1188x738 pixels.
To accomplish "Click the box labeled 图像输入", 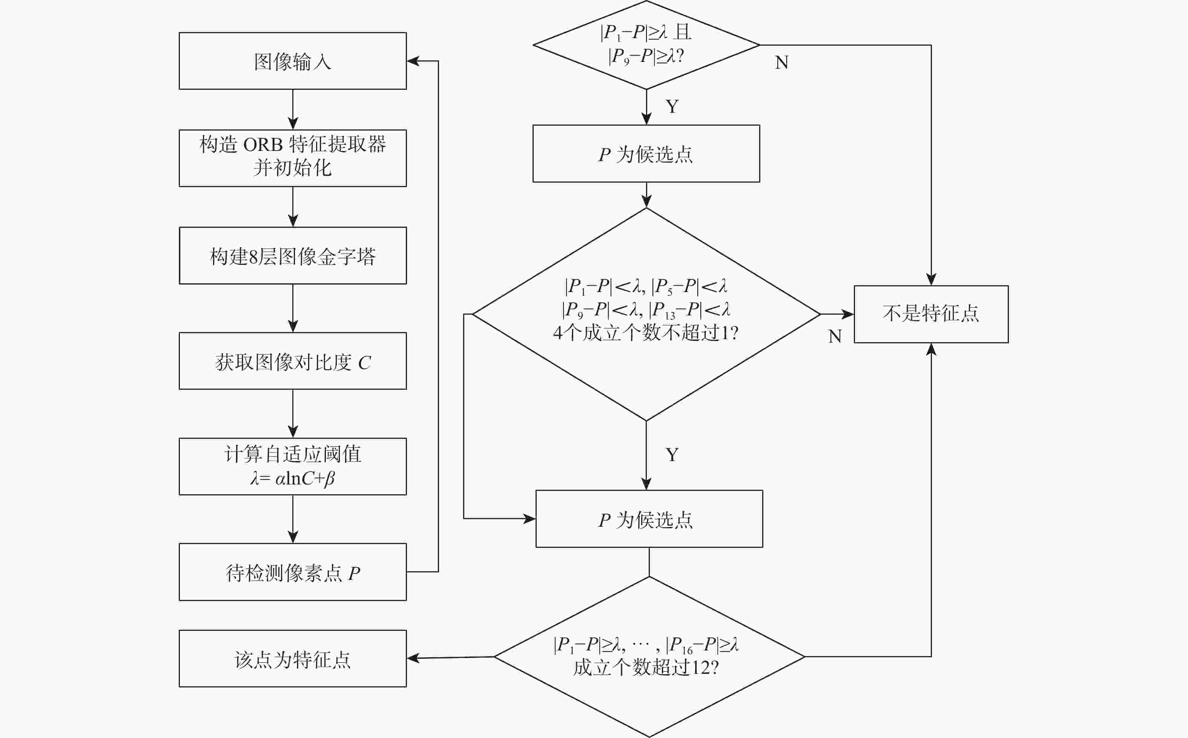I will tap(292, 61).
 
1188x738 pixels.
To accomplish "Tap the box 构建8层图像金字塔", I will tap(292, 255).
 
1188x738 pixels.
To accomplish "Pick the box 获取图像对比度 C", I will tap(292, 361).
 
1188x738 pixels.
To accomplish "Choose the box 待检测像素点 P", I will tap(292, 572).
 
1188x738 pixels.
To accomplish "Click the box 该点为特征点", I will tap(292, 658).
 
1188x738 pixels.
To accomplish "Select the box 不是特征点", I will tap(931, 314).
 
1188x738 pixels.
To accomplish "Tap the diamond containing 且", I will tap(646, 45).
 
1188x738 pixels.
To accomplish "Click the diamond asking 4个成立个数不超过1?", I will tap(646, 314).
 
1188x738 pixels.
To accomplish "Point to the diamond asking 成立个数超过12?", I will tap(649, 657).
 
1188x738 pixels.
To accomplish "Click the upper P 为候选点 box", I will tap(646, 154).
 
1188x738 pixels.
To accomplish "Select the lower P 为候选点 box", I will tap(649, 519).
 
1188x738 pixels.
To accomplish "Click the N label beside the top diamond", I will tap(781, 63).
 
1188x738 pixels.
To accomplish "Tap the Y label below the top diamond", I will tap(672, 106).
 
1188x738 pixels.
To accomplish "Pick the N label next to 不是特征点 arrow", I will tap(835, 336).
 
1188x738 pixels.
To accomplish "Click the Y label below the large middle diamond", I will tap(672, 455).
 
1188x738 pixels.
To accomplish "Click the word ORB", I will tap(262, 145).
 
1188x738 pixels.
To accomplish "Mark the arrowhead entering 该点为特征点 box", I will tap(412, 658).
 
